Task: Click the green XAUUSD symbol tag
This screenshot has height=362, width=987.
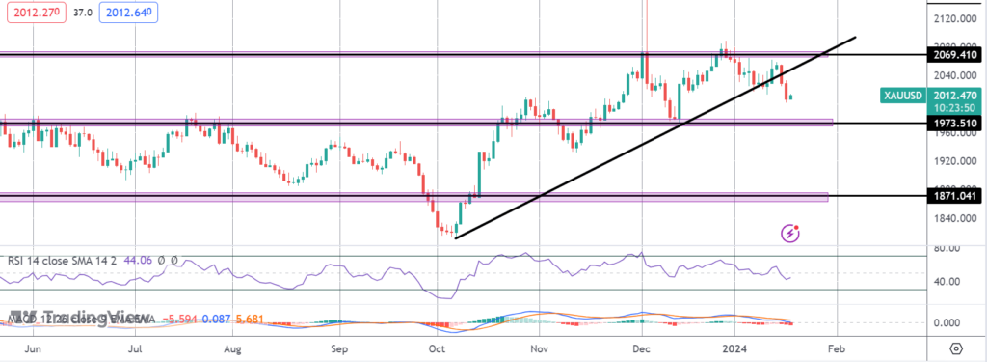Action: [903, 96]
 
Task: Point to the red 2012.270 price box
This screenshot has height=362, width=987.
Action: [34, 14]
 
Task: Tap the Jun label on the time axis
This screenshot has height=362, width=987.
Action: [33, 348]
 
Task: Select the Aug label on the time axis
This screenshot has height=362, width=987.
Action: [232, 348]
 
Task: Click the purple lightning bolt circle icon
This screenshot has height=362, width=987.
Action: [790, 233]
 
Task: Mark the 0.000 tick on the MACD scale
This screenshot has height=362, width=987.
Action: [949, 323]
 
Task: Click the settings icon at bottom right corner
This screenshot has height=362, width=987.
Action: [954, 348]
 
